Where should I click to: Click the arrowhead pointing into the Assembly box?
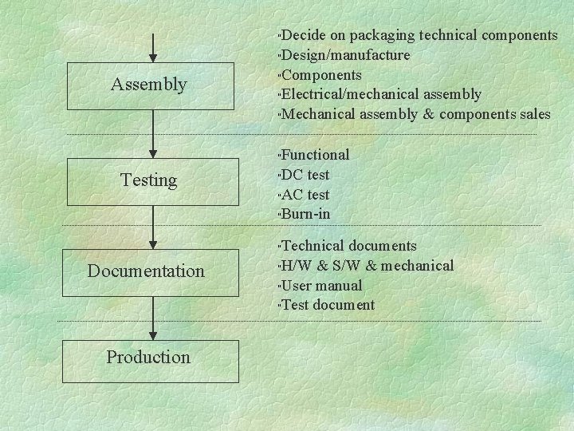pos(153,57)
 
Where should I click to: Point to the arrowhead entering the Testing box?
pos(153,153)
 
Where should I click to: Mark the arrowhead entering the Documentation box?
pos(153,243)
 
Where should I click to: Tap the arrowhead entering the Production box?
pos(153,335)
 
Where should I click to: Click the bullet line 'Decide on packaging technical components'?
pos(419,35)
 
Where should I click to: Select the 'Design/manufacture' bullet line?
pos(346,55)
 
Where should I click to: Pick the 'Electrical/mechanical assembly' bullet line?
pos(381,95)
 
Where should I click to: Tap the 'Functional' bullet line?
pos(316,155)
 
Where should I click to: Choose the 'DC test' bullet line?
pos(305,175)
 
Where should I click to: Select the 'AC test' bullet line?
pos(305,195)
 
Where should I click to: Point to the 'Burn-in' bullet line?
pos(306,214)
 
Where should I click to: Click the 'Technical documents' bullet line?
pos(349,246)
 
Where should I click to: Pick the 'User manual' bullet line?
pos(322,285)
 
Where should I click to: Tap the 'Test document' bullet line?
pos(328,304)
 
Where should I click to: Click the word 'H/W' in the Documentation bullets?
pos(300,266)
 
